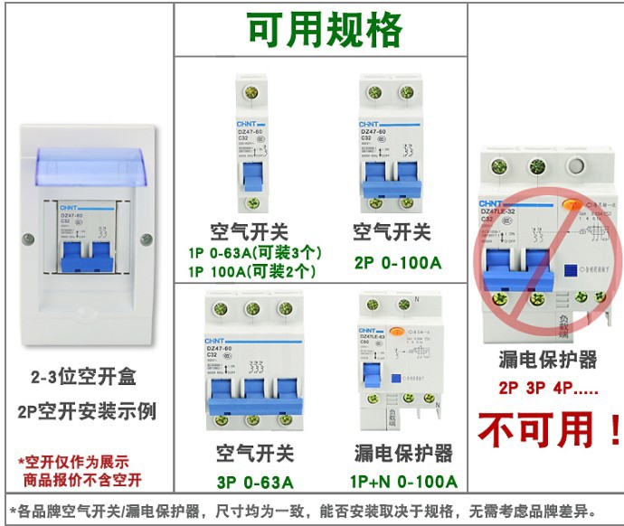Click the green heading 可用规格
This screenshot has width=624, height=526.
click(x=324, y=31)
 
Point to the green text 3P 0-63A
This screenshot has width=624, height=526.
click(x=254, y=482)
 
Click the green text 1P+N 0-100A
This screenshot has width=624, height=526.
click(x=405, y=482)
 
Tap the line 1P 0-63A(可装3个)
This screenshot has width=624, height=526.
click(x=255, y=252)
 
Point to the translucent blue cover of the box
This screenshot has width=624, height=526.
click(x=88, y=166)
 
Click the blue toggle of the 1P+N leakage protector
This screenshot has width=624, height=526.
click(x=371, y=377)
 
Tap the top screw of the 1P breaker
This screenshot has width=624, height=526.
click(x=254, y=92)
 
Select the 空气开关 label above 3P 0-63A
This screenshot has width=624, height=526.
click(x=254, y=452)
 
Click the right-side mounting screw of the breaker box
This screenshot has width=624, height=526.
click(x=147, y=240)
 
